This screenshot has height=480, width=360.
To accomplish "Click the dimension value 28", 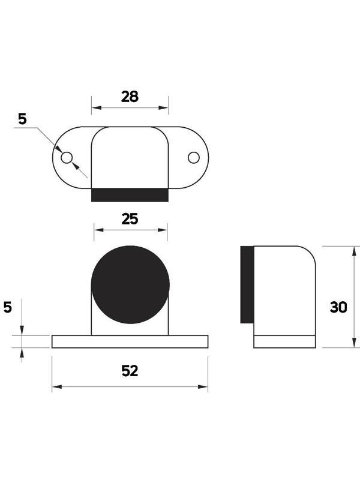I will tap(130, 96).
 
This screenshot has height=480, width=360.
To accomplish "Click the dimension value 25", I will tap(130, 218).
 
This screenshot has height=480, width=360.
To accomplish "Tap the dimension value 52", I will tap(130, 371).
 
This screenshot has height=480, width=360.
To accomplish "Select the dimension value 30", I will tap(338, 307).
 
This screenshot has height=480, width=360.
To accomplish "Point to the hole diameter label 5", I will tap(22, 119).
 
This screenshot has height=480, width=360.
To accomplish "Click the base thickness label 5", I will tap(8, 307).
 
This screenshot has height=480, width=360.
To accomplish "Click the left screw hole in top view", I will tap(67, 157).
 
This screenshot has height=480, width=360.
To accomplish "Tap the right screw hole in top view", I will tap(193, 157).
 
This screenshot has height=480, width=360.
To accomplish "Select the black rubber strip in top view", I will tap(130, 195).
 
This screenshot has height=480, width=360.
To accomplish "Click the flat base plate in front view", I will tap(130, 341).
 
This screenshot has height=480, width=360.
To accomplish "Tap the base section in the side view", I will tap(284, 341).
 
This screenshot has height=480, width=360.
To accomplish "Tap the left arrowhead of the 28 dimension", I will tap(94, 109).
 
